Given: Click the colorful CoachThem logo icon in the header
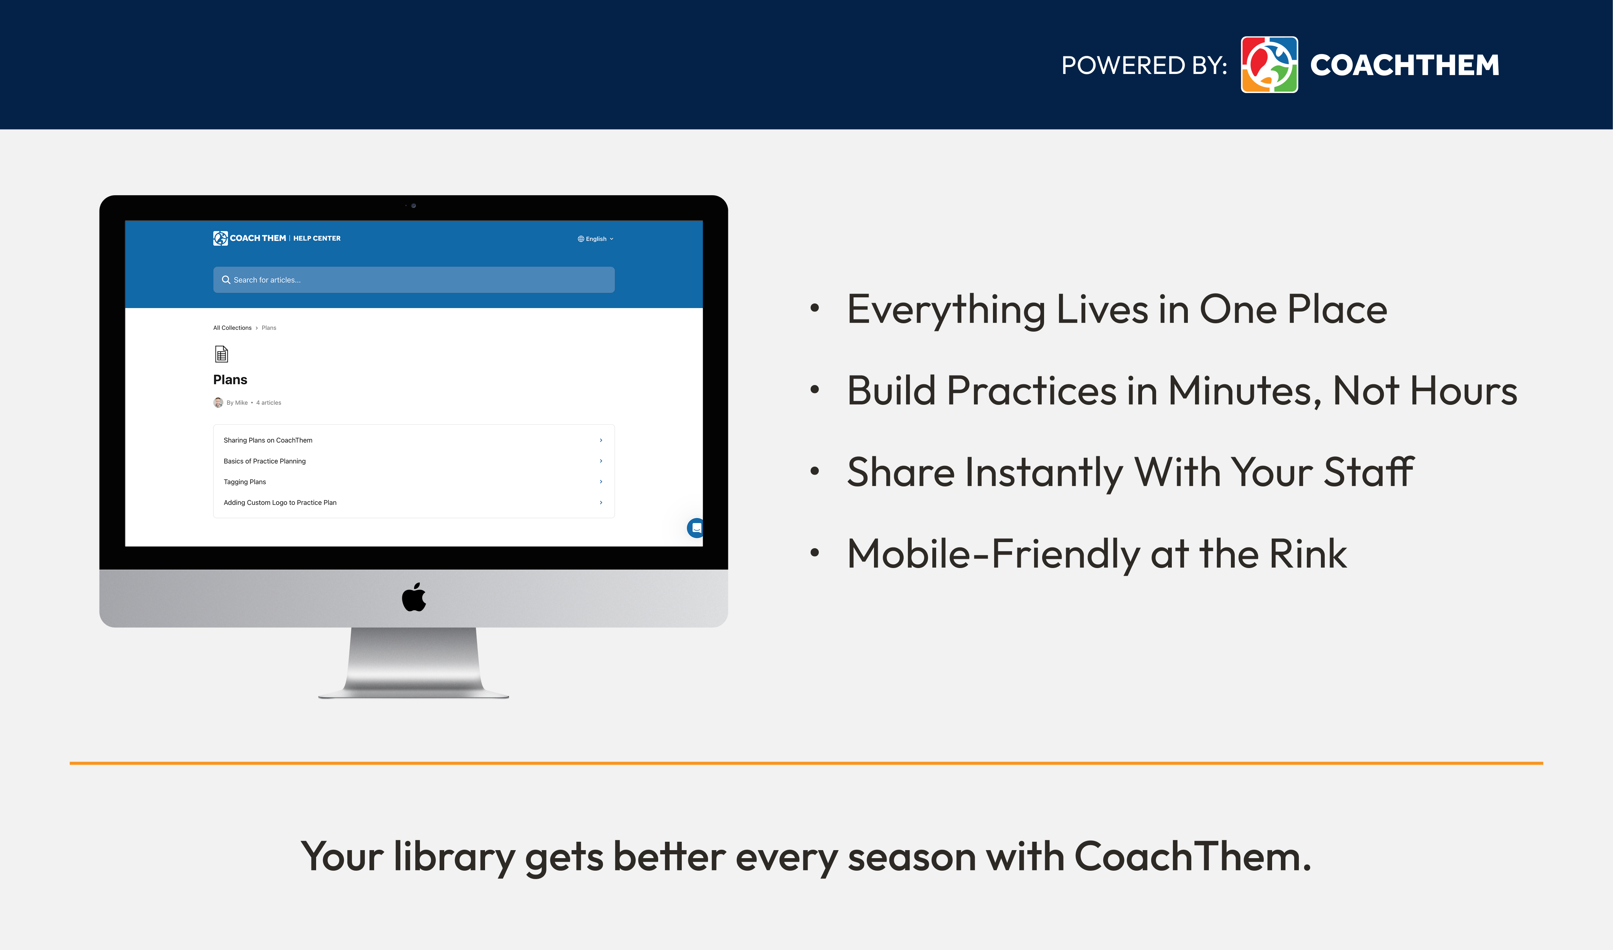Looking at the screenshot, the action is [1269, 65].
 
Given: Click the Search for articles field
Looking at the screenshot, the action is [414, 280].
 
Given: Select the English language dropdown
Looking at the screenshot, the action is [596, 239].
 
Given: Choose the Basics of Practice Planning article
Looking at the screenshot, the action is [265, 461].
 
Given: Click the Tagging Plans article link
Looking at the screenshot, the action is [244, 482].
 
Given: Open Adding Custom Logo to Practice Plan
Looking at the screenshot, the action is [280, 502].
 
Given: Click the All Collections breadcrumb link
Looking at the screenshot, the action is [233, 328].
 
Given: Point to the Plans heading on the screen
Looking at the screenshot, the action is [230, 380].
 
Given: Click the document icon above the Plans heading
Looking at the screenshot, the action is [222, 354].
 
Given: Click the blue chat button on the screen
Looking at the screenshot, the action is [696, 528].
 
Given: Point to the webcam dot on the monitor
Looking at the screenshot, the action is [414, 205].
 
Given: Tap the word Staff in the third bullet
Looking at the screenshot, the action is [1369, 472].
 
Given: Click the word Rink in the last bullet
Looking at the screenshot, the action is [1308, 554].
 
